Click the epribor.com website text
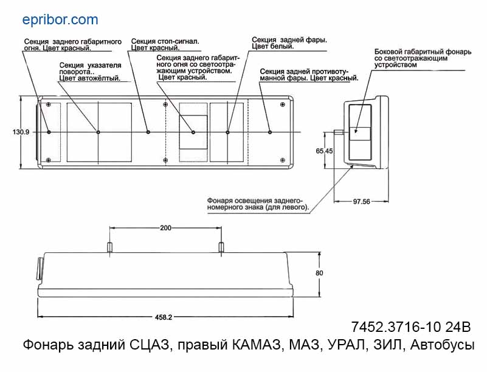[x=60, y=20]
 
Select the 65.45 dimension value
[x=324, y=151]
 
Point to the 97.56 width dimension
[x=361, y=202]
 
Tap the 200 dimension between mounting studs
[x=165, y=228]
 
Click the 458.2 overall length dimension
[x=164, y=317]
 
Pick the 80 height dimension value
[x=319, y=273]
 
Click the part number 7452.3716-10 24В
[x=411, y=327]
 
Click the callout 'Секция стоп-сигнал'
[x=165, y=44]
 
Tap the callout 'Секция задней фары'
[x=289, y=43]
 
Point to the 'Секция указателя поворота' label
[x=90, y=71]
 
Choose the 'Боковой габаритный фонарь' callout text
[x=423, y=58]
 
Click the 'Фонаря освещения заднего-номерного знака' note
[x=258, y=204]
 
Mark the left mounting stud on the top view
[x=109, y=247]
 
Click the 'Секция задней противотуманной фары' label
[x=308, y=75]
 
